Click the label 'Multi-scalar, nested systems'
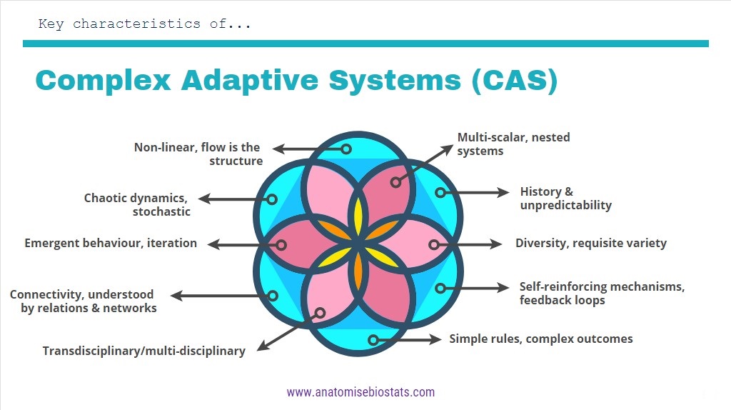tap(513, 144)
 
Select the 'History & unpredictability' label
tap(565, 199)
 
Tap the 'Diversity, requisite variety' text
tap(590, 243)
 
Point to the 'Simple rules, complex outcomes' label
tap(540, 339)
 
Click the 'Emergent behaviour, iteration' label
tap(111, 243)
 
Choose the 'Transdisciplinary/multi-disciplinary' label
tap(143, 351)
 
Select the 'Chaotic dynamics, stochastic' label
tap(136, 205)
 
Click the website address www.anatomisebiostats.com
tap(361, 392)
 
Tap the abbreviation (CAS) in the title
tap(513, 80)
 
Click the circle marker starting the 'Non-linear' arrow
tap(346, 149)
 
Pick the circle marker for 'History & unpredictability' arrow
tap(440, 192)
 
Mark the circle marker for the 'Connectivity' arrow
tap(272, 295)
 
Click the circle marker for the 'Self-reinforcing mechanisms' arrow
tap(440, 289)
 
